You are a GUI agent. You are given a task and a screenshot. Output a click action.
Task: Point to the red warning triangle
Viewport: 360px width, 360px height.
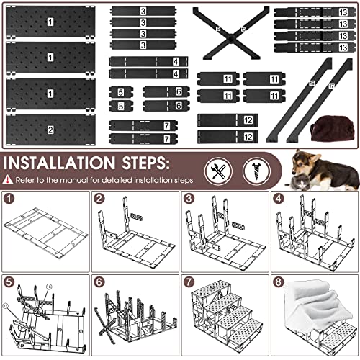pyautogui.click(x=8, y=179)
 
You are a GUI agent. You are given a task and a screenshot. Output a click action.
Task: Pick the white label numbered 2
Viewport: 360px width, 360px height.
pyautogui.click(x=50, y=130)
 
